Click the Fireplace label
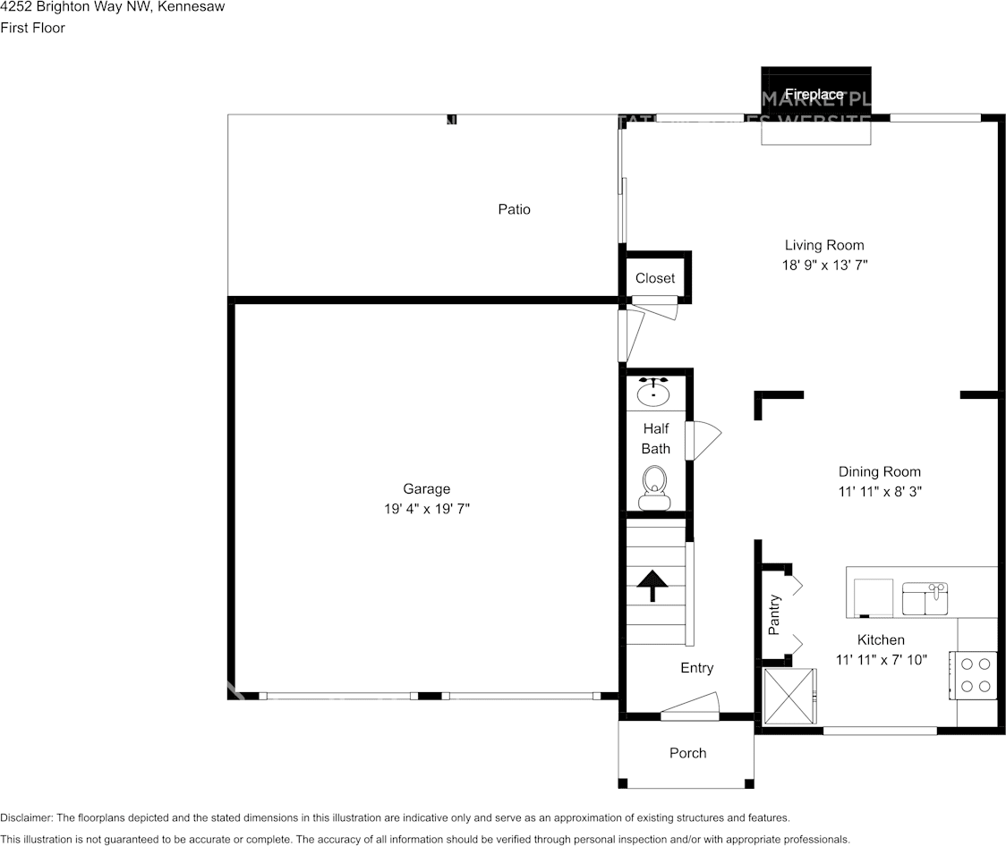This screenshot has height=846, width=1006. pyautogui.click(x=814, y=94)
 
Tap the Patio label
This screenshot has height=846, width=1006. pyautogui.click(x=514, y=209)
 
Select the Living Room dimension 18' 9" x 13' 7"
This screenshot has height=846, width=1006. pyautogui.click(x=824, y=265)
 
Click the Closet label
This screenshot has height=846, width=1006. pyautogui.click(x=655, y=278)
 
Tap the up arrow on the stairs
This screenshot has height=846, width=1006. pyautogui.click(x=653, y=585)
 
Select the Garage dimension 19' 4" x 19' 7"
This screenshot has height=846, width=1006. pyautogui.click(x=426, y=509)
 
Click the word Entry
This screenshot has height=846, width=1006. pyautogui.click(x=697, y=668)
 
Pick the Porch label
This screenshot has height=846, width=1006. pyautogui.click(x=687, y=753)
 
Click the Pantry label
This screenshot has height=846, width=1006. pyautogui.click(x=775, y=614)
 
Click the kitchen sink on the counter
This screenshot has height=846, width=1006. pyautogui.click(x=925, y=598)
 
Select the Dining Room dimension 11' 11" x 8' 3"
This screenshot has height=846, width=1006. pyautogui.click(x=879, y=491)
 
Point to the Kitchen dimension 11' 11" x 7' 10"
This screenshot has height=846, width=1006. pyautogui.click(x=881, y=659)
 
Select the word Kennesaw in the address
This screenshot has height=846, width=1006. pyautogui.click(x=192, y=7)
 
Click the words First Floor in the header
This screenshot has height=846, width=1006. pyautogui.click(x=33, y=28)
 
